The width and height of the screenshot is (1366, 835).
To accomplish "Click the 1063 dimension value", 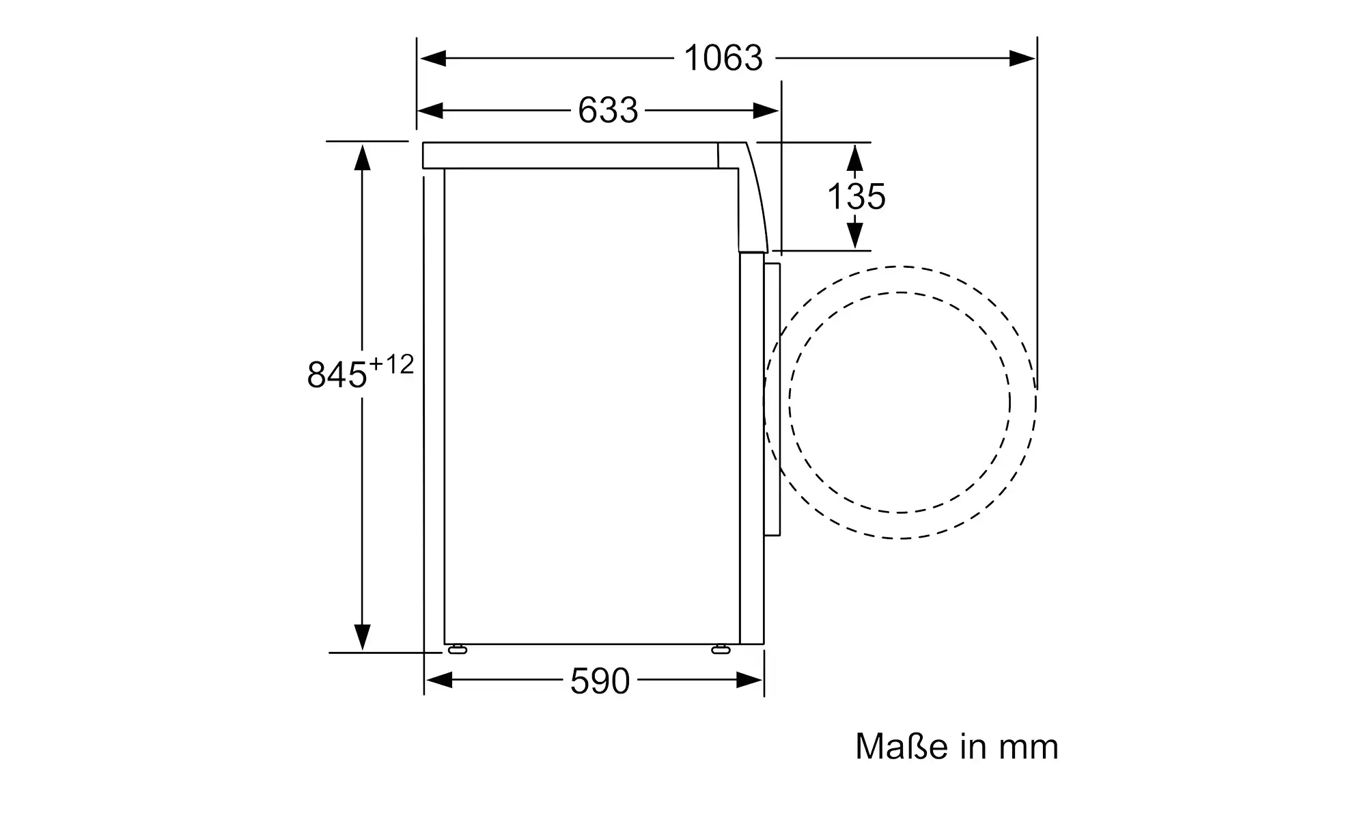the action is pyautogui.click(x=723, y=58).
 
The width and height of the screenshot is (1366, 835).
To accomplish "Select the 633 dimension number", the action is pyautogui.click(x=608, y=110).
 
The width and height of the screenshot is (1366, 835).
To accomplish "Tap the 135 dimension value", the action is pyautogui.click(x=856, y=197).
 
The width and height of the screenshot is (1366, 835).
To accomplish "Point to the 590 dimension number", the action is pyautogui.click(x=600, y=681).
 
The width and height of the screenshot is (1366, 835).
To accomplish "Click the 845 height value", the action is pyautogui.click(x=337, y=374).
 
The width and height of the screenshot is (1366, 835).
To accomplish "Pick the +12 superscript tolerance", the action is pyautogui.click(x=391, y=365).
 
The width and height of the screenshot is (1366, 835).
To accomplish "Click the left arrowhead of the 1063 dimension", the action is pyautogui.click(x=433, y=58).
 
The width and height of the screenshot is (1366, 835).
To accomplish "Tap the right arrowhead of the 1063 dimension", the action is pyautogui.click(x=1022, y=58).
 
